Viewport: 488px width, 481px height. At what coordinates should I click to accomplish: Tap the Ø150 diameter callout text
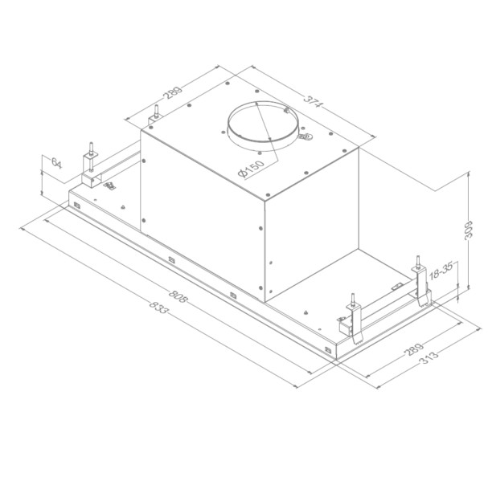click(250, 170)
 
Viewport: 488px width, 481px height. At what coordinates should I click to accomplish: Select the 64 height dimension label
click(55, 164)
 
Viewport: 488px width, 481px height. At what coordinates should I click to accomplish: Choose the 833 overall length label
click(158, 309)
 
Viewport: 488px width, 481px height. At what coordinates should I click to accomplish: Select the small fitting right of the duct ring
click(306, 137)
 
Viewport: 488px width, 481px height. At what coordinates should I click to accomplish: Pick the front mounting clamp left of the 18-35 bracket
click(352, 316)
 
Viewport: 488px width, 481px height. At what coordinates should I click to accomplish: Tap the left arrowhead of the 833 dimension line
click(23, 229)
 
